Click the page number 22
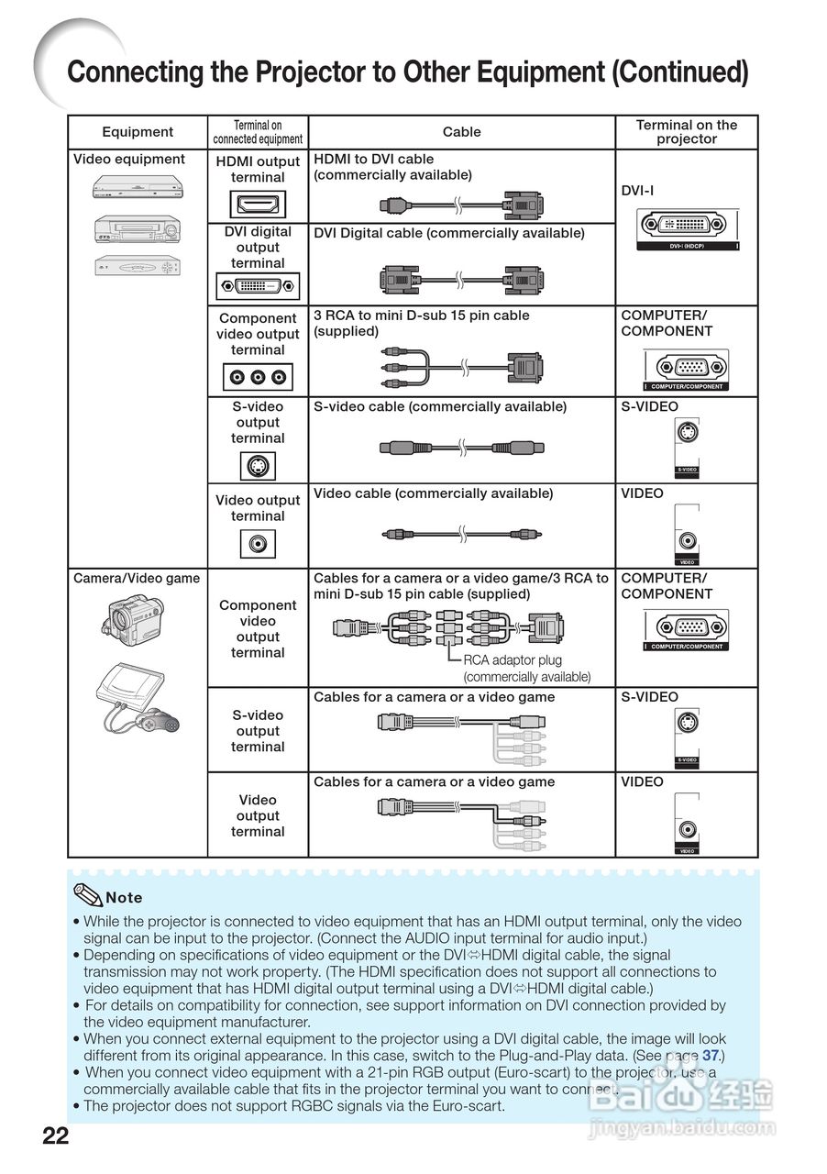click(55, 1136)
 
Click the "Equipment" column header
click(138, 132)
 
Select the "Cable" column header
click(461, 132)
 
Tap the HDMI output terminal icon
click(258, 204)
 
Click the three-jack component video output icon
click(258, 376)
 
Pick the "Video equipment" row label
click(129, 160)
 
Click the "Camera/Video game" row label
click(137, 579)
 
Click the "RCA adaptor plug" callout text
click(513, 660)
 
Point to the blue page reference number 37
click(711, 1056)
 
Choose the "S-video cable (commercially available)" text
click(440, 407)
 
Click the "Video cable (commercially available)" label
click(434, 493)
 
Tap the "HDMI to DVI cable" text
click(374, 160)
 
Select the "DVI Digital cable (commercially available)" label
click(449, 233)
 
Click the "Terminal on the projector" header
click(686, 132)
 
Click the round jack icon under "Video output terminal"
click(258, 544)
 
